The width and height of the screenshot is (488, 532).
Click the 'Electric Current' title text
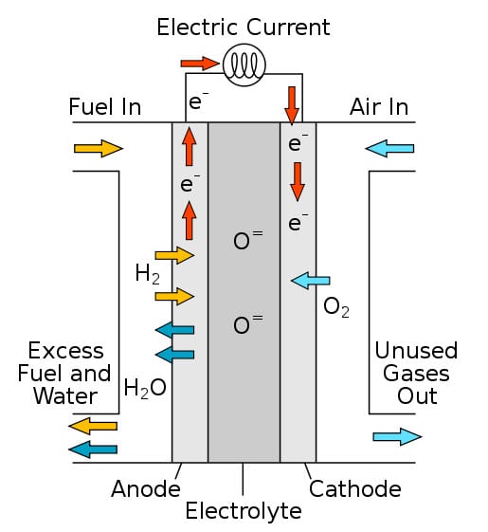tap(244, 28)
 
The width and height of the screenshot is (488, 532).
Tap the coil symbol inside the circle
tap(244, 64)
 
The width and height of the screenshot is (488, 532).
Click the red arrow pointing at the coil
tap(199, 64)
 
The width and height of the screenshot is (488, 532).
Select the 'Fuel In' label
tap(105, 107)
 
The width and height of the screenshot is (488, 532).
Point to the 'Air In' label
tap(379, 107)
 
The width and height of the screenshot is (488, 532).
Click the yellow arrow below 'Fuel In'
tap(99, 148)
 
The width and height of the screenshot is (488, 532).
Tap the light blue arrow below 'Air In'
tap(389, 148)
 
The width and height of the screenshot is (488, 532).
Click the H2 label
tap(147, 274)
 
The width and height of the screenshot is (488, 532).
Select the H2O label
tap(145, 388)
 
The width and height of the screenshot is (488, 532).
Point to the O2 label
tap(336, 307)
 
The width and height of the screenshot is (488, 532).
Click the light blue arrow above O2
tap(310, 281)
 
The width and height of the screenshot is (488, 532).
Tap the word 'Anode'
tap(146, 489)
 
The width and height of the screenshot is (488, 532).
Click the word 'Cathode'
tap(355, 489)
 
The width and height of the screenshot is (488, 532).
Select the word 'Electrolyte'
tap(244, 512)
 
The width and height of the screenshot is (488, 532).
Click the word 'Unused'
tap(416, 351)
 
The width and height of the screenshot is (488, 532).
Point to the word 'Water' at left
tap(65, 396)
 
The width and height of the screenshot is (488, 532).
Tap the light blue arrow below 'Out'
tap(397, 436)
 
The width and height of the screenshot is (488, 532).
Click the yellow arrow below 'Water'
tap(93, 426)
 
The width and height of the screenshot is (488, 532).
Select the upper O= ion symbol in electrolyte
tap(247, 240)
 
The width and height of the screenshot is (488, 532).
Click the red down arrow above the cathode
tap(292, 105)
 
